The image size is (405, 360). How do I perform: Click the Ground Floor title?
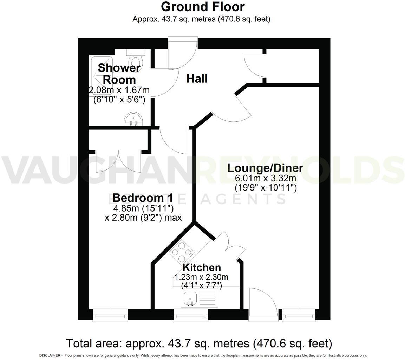[203, 7]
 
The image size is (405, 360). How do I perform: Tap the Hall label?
[197, 79]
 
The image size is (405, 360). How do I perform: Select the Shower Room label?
[119, 73]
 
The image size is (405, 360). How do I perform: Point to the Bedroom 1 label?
[143, 198]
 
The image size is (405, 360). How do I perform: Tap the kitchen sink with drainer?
[199, 298]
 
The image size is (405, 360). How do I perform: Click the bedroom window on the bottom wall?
[110, 315]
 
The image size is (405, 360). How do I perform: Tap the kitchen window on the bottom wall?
[191, 315]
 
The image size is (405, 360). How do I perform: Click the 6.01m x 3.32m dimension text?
[266, 178]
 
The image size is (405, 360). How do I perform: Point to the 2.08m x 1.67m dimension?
[119, 90]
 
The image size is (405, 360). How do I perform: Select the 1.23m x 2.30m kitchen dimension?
[202, 277]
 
